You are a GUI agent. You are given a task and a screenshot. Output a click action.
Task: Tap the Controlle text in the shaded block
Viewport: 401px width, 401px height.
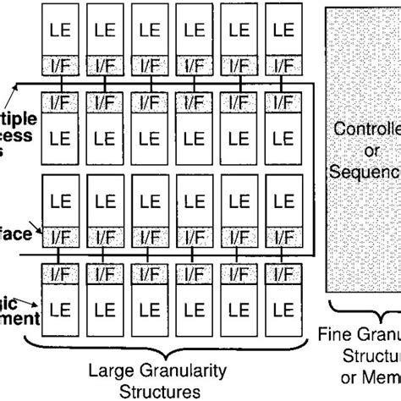click(x=366, y=130)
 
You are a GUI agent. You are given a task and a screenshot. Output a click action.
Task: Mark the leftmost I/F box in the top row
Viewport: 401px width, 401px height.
click(x=59, y=63)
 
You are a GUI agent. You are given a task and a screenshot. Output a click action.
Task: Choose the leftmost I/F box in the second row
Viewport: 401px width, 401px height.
click(x=59, y=102)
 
